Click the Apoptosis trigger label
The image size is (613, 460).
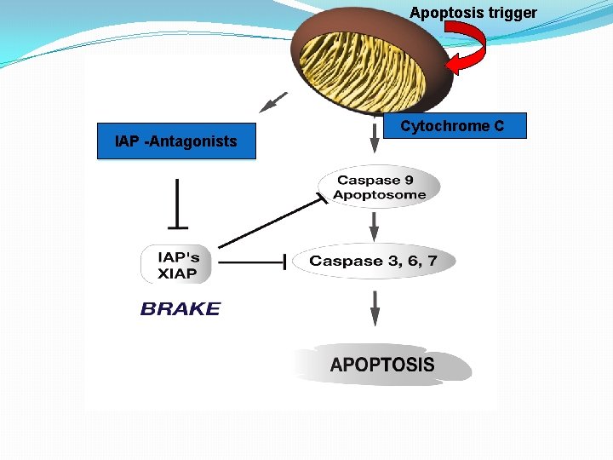(x=473, y=13)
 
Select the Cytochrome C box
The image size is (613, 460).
(x=452, y=126)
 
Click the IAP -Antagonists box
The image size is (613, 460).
(x=176, y=141)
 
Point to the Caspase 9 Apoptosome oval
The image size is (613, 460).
(x=379, y=187)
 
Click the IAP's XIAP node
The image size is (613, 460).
(x=177, y=266)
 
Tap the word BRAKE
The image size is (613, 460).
(x=180, y=309)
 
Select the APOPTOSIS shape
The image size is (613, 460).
(x=382, y=365)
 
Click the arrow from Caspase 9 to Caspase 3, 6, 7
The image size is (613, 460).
(x=374, y=227)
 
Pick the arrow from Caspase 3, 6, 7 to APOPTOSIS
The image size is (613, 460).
(x=374, y=307)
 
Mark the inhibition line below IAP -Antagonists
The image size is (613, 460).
(x=177, y=204)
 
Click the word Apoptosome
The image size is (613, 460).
(x=380, y=195)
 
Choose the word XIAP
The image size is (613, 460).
(x=177, y=274)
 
